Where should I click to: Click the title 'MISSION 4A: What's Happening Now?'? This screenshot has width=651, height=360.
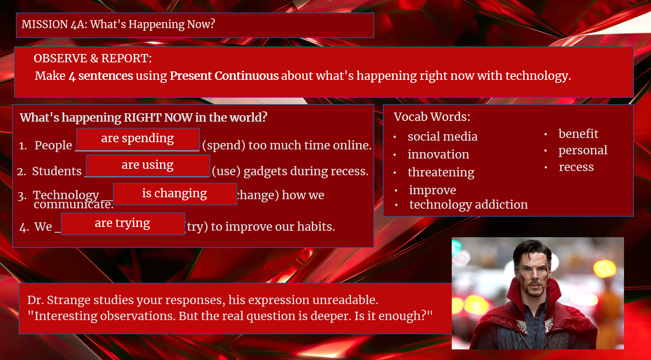pyautogui.click(x=118, y=24)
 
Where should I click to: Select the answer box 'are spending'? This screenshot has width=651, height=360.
pyautogui.click(x=138, y=139)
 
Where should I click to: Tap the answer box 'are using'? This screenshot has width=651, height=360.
pyautogui.click(x=148, y=166)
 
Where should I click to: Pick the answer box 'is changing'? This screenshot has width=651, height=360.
pyautogui.click(x=175, y=194)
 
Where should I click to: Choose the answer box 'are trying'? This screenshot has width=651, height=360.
pyautogui.click(x=123, y=224)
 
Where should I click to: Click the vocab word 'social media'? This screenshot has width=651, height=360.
pyautogui.click(x=442, y=136)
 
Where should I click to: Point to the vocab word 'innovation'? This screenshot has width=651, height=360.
pyautogui.click(x=438, y=154)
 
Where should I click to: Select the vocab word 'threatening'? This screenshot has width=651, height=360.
pyautogui.click(x=441, y=173)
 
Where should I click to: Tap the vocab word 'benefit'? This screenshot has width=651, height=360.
pyautogui.click(x=578, y=134)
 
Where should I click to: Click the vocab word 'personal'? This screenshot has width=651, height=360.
pyautogui.click(x=583, y=151)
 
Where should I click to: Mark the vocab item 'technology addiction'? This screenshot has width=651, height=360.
pyautogui.click(x=468, y=205)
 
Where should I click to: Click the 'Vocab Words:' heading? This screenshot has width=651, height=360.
pyautogui.click(x=432, y=117)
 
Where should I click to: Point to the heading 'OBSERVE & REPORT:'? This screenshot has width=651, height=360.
pyautogui.click(x=93, y=59)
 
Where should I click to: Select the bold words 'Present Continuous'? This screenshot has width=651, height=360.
pyautogui.click(x=224, y=76)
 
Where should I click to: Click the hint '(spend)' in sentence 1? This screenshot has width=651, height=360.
pyautogui.click(x=224, y=145)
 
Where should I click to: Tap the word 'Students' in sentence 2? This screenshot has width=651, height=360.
pyautogui.click(x=57, y=171)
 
